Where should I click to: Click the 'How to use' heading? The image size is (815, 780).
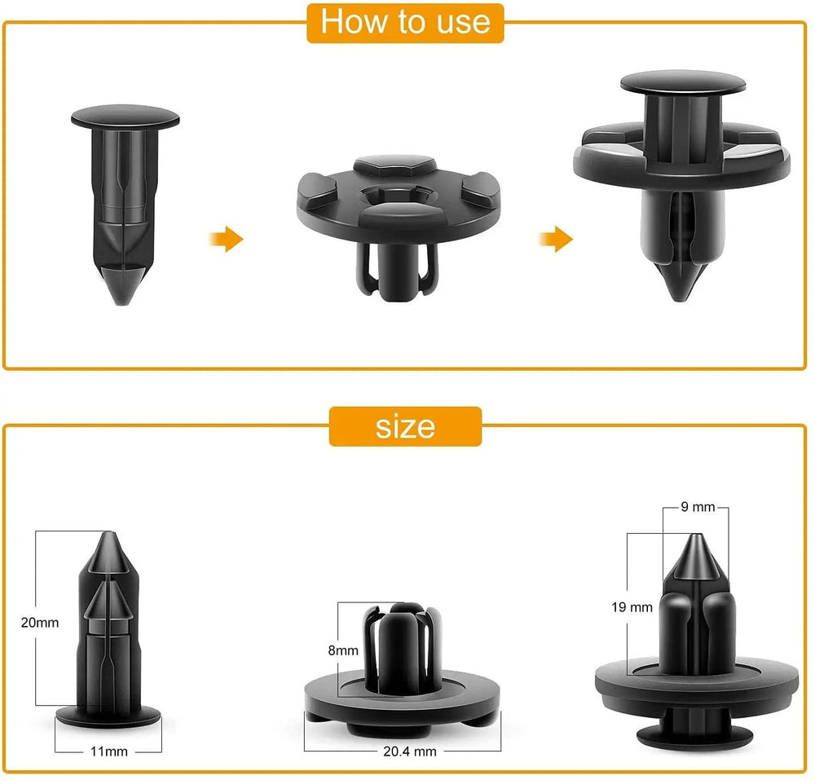tap(405, 22)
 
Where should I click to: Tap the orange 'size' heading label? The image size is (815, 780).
tap(405, 426)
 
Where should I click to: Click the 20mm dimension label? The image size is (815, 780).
tap(40, 622)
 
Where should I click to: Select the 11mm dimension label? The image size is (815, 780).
tap(108, 751)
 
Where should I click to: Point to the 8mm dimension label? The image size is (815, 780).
tap(343, 650)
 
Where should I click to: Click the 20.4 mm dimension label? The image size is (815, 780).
tap(410, 751)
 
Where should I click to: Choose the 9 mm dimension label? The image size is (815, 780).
tap(698, 507)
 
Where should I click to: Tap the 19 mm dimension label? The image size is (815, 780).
tap(632, 607)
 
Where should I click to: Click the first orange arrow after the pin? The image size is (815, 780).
tap(227, 239)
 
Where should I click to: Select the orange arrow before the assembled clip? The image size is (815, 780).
tap(556, 239)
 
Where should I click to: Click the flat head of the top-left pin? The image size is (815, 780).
tap(126, 117)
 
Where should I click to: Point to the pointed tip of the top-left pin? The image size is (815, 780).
tap(122, 303)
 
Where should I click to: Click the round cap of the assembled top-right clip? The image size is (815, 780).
tap(683, 82)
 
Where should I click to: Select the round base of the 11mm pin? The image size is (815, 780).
tap(108, 716)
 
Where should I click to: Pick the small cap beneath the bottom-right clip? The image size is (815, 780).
tap(695, 737)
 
